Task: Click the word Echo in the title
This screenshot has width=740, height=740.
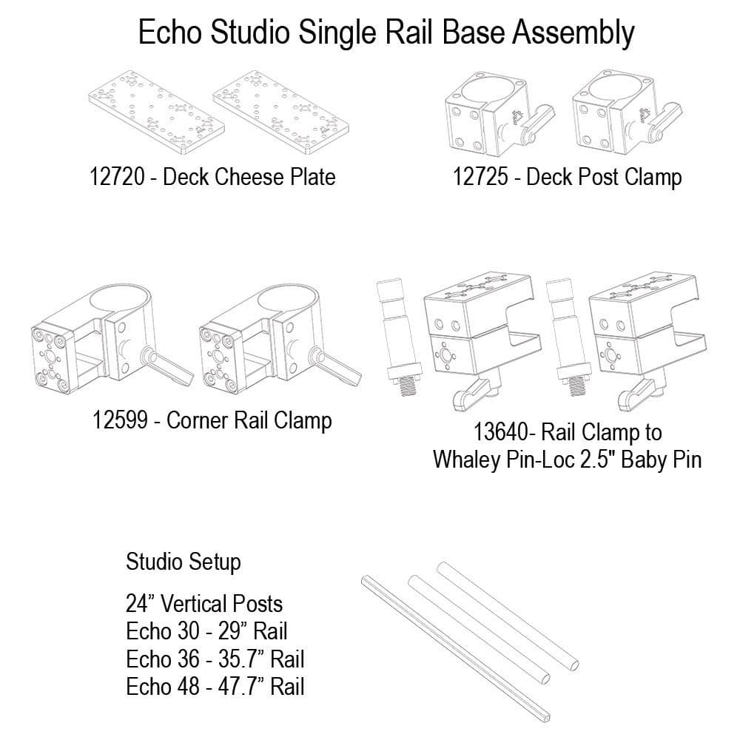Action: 170,33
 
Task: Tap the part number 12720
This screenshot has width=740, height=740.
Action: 117,177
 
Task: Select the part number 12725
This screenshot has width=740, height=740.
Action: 480,177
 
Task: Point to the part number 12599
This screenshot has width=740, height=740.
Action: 121,420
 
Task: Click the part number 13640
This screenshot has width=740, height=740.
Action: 501,432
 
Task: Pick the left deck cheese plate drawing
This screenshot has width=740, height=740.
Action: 156,113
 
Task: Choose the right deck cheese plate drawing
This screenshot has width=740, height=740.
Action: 281,113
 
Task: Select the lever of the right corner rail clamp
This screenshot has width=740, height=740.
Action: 336,366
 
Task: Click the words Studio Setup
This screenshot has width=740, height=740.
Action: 183,562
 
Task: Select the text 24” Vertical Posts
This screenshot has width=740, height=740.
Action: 204,604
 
